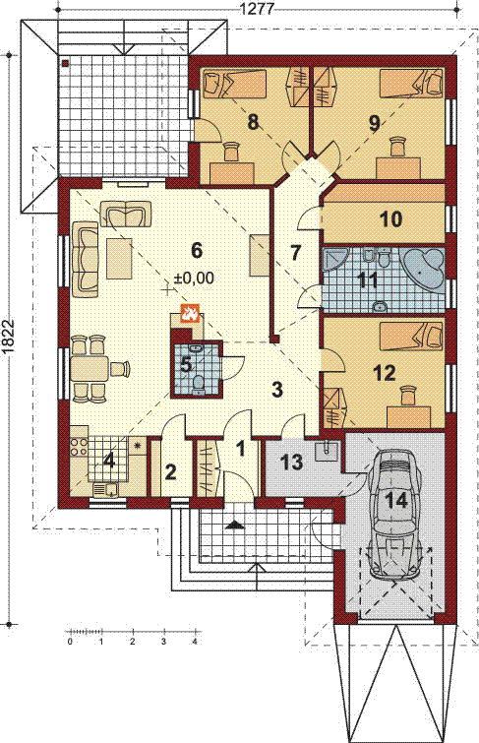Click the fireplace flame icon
(x=191, y=313)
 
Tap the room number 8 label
(x=253, y=122)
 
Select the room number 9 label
(x=375, y=123)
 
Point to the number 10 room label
(x=391, y=218)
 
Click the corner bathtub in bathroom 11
(x=424, y=269)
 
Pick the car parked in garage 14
(x=396, y=514)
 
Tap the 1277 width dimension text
(x=258, y=8)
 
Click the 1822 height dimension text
(x=8, y=338)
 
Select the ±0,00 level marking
(x=194, y=279)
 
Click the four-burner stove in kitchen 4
(x=79, y=447)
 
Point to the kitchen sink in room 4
(x=105, y=489)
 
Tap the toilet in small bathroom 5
(x=198, y=385)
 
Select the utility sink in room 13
(x=327, y=451)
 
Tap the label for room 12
(x=385, y=373)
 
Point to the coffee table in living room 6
(x=119, y=259)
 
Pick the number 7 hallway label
(x=296, y=253)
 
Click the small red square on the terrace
(x=65, y=63)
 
